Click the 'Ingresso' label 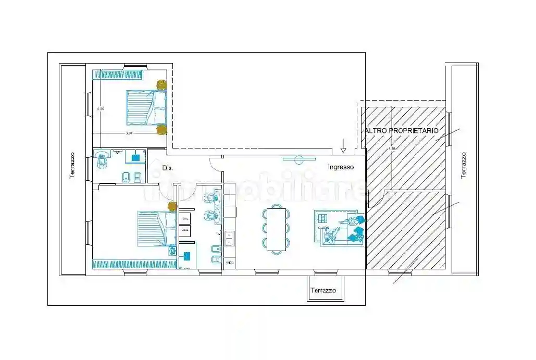tap(341, 167)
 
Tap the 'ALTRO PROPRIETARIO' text tap(402, 130)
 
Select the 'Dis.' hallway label tap(167, 168)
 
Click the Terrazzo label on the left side tap(72, 166)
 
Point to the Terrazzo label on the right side tap(464, 166)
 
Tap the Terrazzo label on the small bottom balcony tap(323, 290)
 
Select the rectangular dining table tap(276, 229)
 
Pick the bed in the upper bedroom tap(146, 108)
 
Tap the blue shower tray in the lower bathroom tap(187, 256)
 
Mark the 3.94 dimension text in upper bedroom tap(129, 133)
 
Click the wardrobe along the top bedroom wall tap(118, 75)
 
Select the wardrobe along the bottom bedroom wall tap(135, 264)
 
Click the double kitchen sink tap(229, 239)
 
